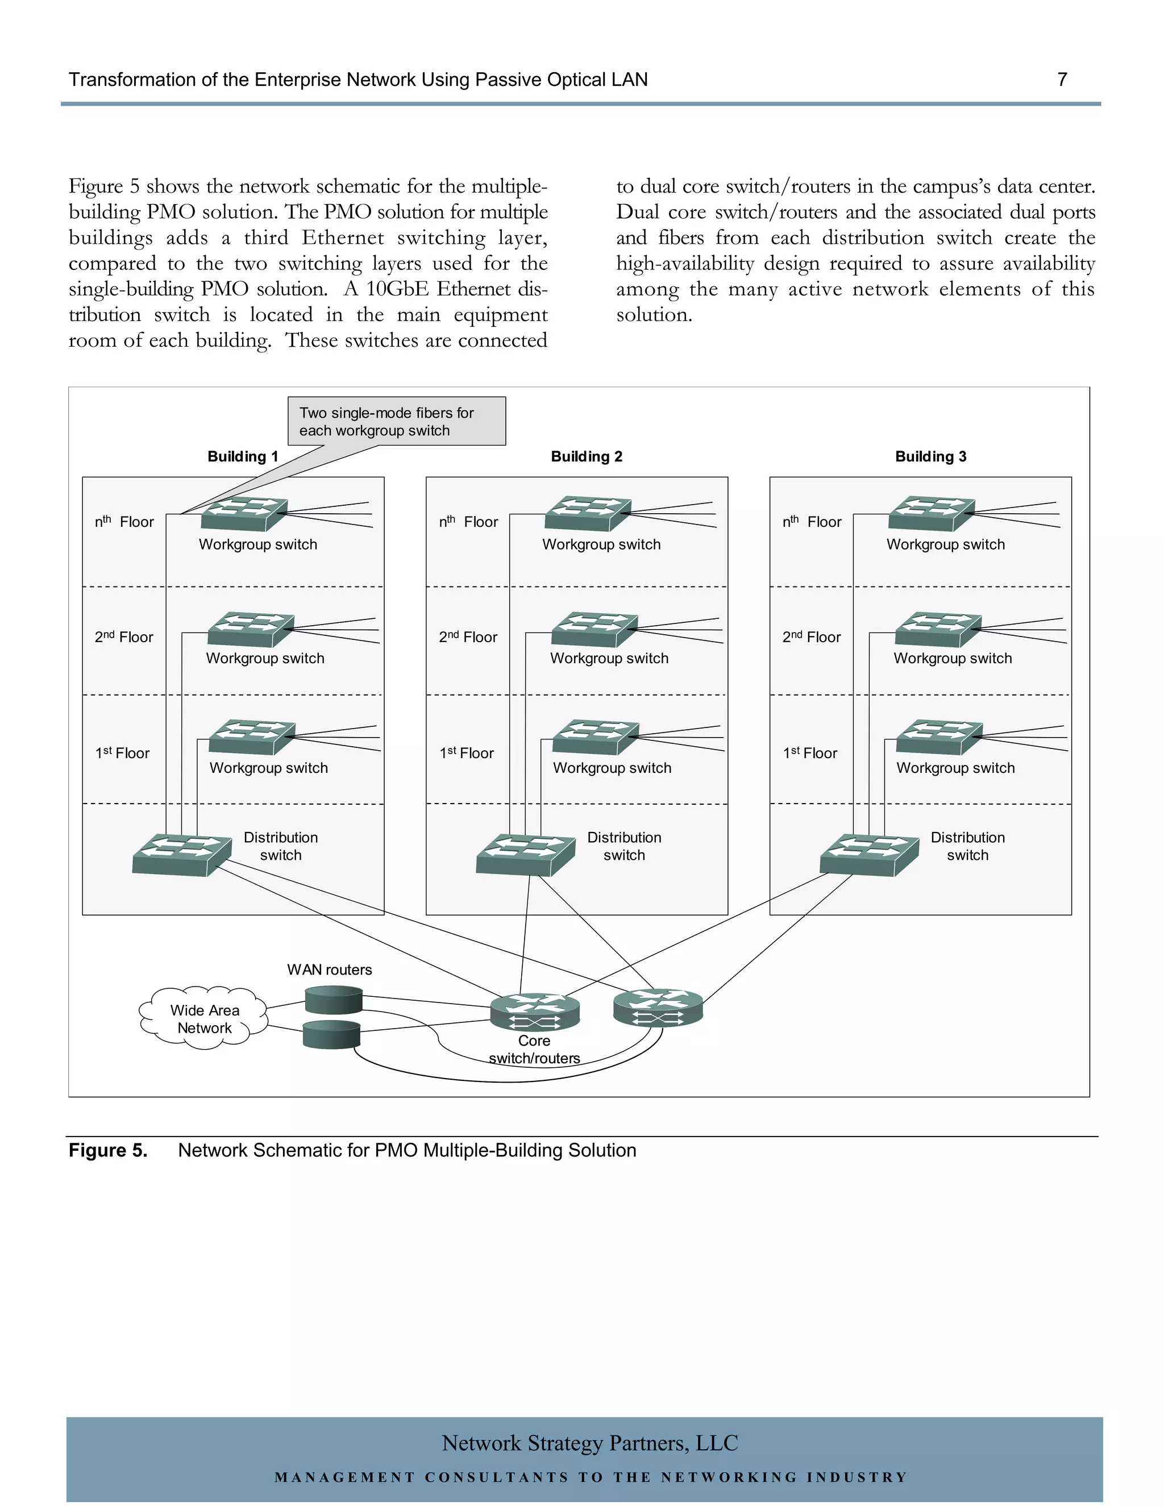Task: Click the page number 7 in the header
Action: click(x=1062, y=80)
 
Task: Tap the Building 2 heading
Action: click(x=586, y=456)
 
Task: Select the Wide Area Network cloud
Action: click(x=204, y=1019)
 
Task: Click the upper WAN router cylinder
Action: click(x=334, y=999)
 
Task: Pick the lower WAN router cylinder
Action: click(x=332, y=1034)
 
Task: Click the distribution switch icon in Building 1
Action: click(x=181, y=855)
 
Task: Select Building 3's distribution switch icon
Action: click(x=869, y=855)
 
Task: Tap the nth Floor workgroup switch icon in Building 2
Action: click(x=588, y=514)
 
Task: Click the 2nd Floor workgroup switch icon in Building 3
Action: click(x=938, y=630)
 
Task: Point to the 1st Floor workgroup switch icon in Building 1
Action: click(x=252, y=737)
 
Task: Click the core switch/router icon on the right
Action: click(x=658, y=1008)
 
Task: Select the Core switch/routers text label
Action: click(x=534, y=1050)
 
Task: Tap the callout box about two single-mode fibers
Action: click(x=397, y=421)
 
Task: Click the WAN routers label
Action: click(x=329, y=970)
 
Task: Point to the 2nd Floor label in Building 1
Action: click(x=124, y=637)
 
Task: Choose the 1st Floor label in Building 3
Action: click(x=810, y=753)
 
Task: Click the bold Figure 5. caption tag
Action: click(x=107, y=1150)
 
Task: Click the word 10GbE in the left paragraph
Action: click(x=393, y=289)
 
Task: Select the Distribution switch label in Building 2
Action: click(x=624, y=846)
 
